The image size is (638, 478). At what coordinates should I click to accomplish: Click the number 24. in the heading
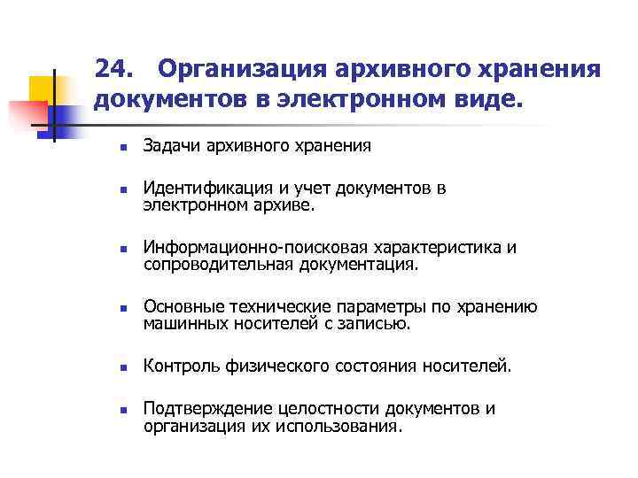pos(115,70)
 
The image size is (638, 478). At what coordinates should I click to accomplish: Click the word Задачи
pos(172,145)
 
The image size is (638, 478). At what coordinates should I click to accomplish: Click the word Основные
pos(182,307)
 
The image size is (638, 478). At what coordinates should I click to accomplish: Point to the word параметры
pos(377,307)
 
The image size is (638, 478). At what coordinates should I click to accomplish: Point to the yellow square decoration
pos(41,88)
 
